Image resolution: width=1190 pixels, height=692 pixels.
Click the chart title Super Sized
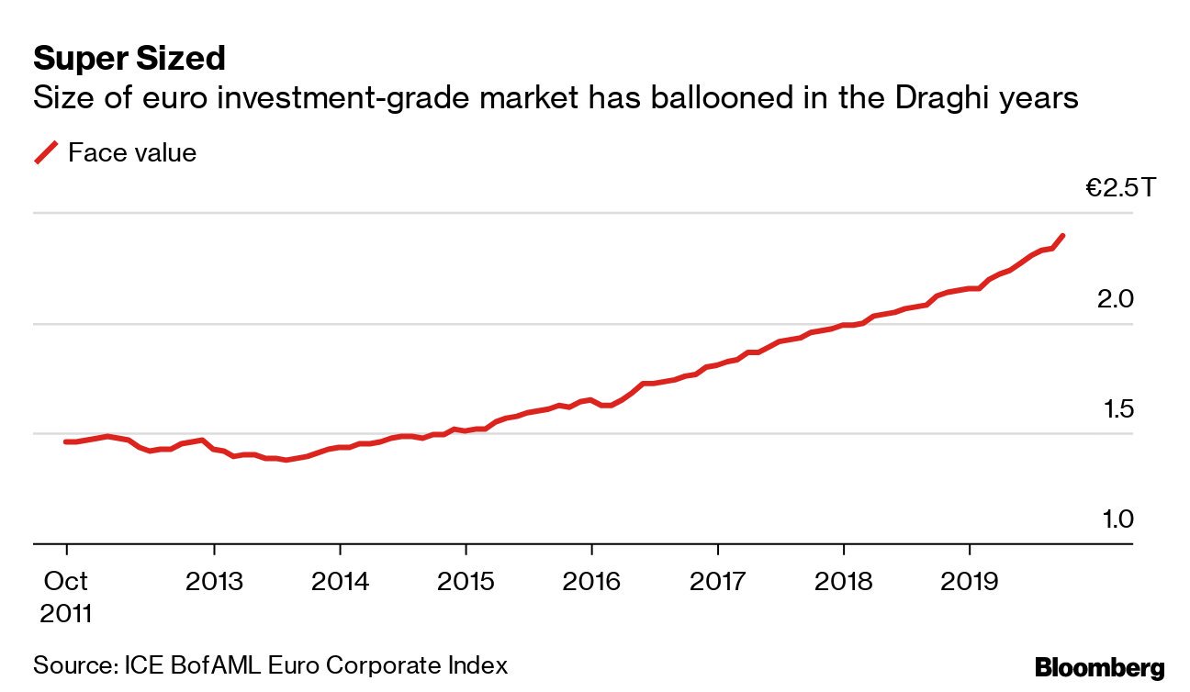(129, 60)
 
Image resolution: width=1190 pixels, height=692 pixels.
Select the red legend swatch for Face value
(46, 152)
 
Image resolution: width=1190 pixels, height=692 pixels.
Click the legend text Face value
(132, 152)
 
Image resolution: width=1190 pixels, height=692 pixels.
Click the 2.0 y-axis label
(1116, 300)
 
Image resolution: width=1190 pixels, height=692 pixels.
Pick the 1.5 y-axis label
(1116, 409)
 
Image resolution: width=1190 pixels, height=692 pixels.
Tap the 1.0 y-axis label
(1116, 519)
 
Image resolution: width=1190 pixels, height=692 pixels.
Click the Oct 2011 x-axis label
(65, 597)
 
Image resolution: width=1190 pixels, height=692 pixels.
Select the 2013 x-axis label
(214, 582)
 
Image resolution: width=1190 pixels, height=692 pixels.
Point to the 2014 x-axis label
(340, 582)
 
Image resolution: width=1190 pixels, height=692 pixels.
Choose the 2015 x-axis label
(466, 582)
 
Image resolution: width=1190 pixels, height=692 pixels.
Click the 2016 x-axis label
(591, 582)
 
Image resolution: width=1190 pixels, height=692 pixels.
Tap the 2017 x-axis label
(717, 582)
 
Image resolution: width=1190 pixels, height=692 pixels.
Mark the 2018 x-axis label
(843, 582)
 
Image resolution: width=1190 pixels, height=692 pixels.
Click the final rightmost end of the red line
(1062, 236)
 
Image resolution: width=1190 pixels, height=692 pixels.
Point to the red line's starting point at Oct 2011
(66, 441)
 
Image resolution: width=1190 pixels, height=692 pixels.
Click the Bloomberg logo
(1099, 667)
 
